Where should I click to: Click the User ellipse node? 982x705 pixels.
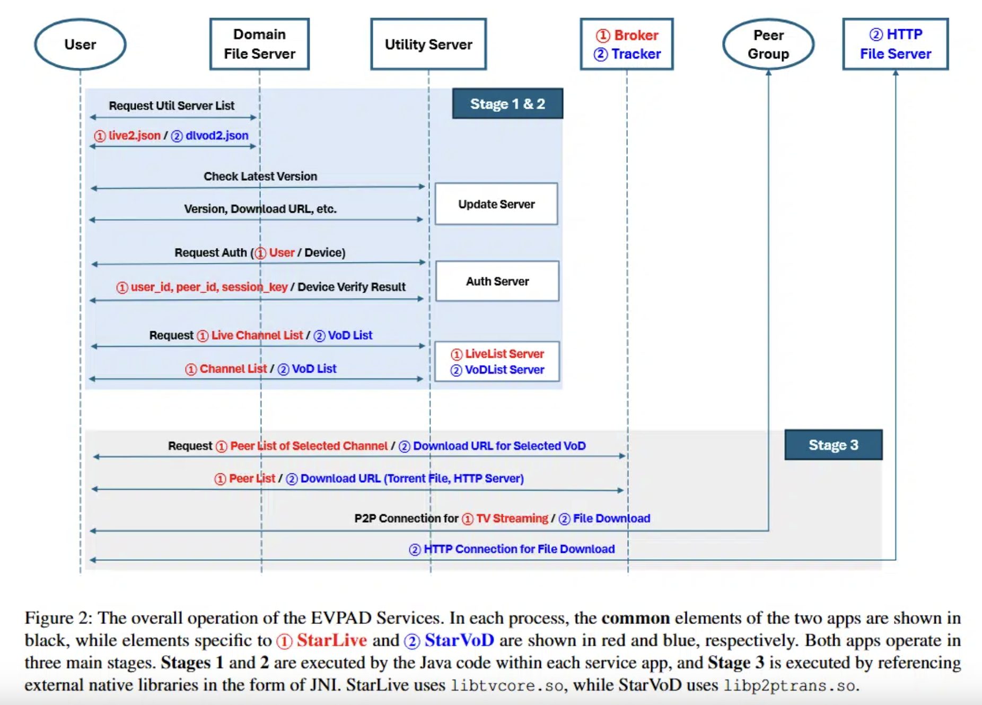click(x=80, y=45)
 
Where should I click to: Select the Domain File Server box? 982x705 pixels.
click(x=259, y=45)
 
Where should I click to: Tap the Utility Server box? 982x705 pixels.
click(x=428, y=45)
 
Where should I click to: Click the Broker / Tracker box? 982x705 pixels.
click(x=627, y=45)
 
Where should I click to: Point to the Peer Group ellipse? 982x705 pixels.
click(x=768, y=45)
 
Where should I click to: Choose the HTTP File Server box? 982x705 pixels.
click(x=896, y=45)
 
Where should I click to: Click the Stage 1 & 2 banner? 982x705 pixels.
click(x=507, y=104)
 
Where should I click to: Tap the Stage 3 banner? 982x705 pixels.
click(x=833, y=445)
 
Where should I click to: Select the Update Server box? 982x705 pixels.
click(x=496, y=204)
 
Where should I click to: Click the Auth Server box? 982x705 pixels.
click(x=497, y=281)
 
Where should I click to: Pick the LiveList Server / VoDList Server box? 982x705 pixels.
click(x=497, y=362)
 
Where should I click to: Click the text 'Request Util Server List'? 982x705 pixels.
click(x=171, y=105)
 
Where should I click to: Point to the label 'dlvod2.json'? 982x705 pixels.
click(x=217, y=136)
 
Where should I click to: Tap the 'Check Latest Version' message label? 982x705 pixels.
click(x=260, y=177)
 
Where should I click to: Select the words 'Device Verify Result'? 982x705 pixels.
click(x=352, y=287)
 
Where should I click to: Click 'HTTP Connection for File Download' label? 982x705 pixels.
click(x=519, y=549)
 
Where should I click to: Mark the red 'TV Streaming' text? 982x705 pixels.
click(x=512, y=518)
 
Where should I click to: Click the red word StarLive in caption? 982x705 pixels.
click(x=331, y=640)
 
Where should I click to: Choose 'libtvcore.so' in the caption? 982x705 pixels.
click(x=506, y=685)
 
